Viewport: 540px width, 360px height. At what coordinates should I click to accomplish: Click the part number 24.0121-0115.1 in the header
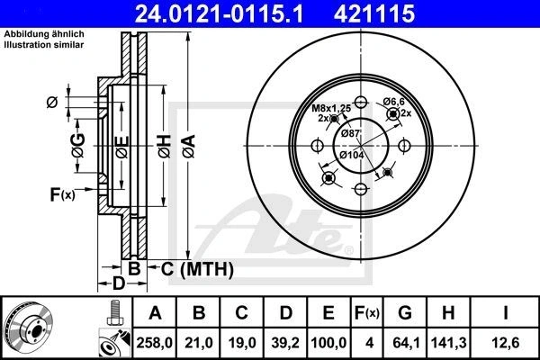[219, 13]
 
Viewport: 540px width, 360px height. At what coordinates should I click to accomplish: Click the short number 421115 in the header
[374, 13]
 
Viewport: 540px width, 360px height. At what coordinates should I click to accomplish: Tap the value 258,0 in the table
[154, 343]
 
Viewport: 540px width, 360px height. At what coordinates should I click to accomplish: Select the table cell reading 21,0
[199, 343]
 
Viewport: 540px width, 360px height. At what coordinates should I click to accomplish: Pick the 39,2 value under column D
[285, 343]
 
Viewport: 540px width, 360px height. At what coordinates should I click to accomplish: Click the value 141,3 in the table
[448, 343]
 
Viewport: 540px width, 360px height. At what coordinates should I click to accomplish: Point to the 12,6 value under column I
[505, 343]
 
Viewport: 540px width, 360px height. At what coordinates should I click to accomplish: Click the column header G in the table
[405, 313]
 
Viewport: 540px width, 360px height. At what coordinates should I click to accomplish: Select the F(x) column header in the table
[367, 313]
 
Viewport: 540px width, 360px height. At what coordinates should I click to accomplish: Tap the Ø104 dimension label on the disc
[352, 155]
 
